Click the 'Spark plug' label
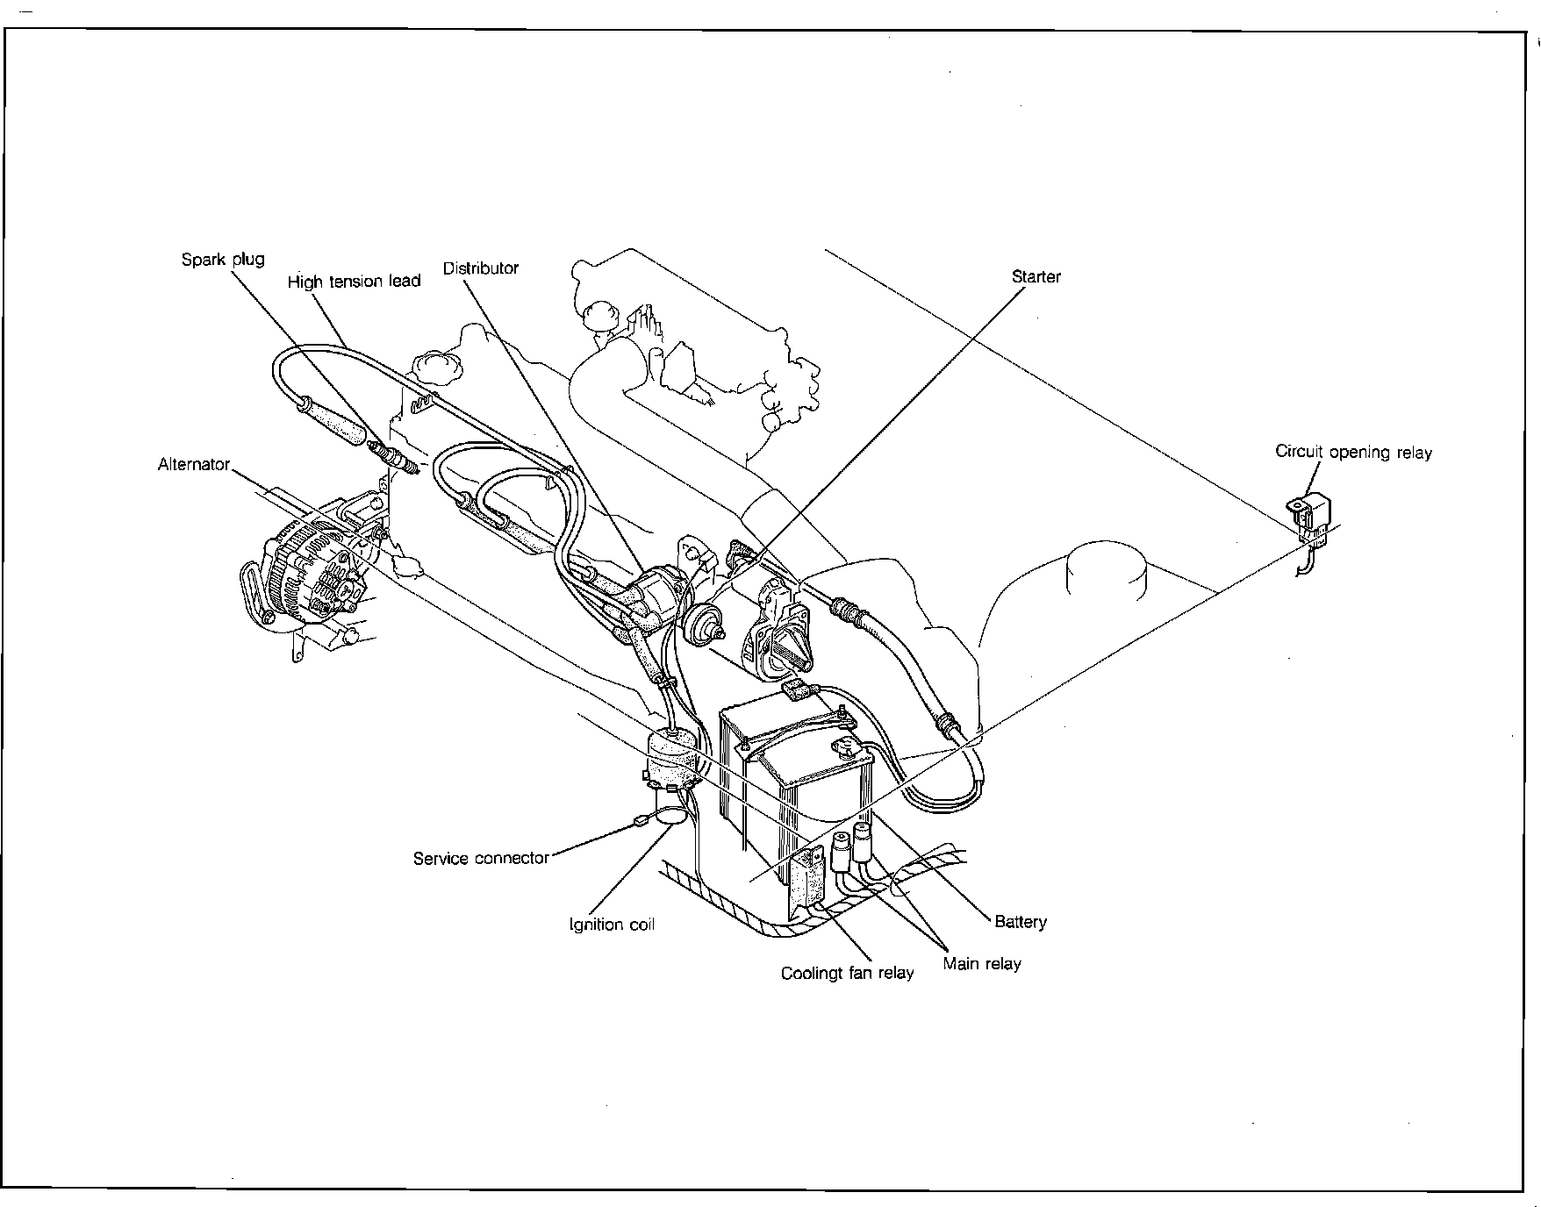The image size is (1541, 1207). click(x=222, y=260)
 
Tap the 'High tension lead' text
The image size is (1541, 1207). click(x=354, y=282)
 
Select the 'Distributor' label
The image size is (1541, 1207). click(x=480, y=268)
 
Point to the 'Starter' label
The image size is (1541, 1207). click(x=1036, y=277)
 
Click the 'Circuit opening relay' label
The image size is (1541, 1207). click(x=1352, y=453)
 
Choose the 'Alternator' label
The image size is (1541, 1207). click(x=194, y=465)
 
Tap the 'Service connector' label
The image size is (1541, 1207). click(x=481, y=859)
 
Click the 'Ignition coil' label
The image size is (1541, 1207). click(x=612, y=925)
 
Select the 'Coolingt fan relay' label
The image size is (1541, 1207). click(x=847, y=973)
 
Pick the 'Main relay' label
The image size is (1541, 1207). click(x=982, y=964)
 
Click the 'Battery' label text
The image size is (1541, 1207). click(x=1020, y=922)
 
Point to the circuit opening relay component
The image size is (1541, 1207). click(x=1310, y=517)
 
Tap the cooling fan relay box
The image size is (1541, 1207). click(x=808, y=877)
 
